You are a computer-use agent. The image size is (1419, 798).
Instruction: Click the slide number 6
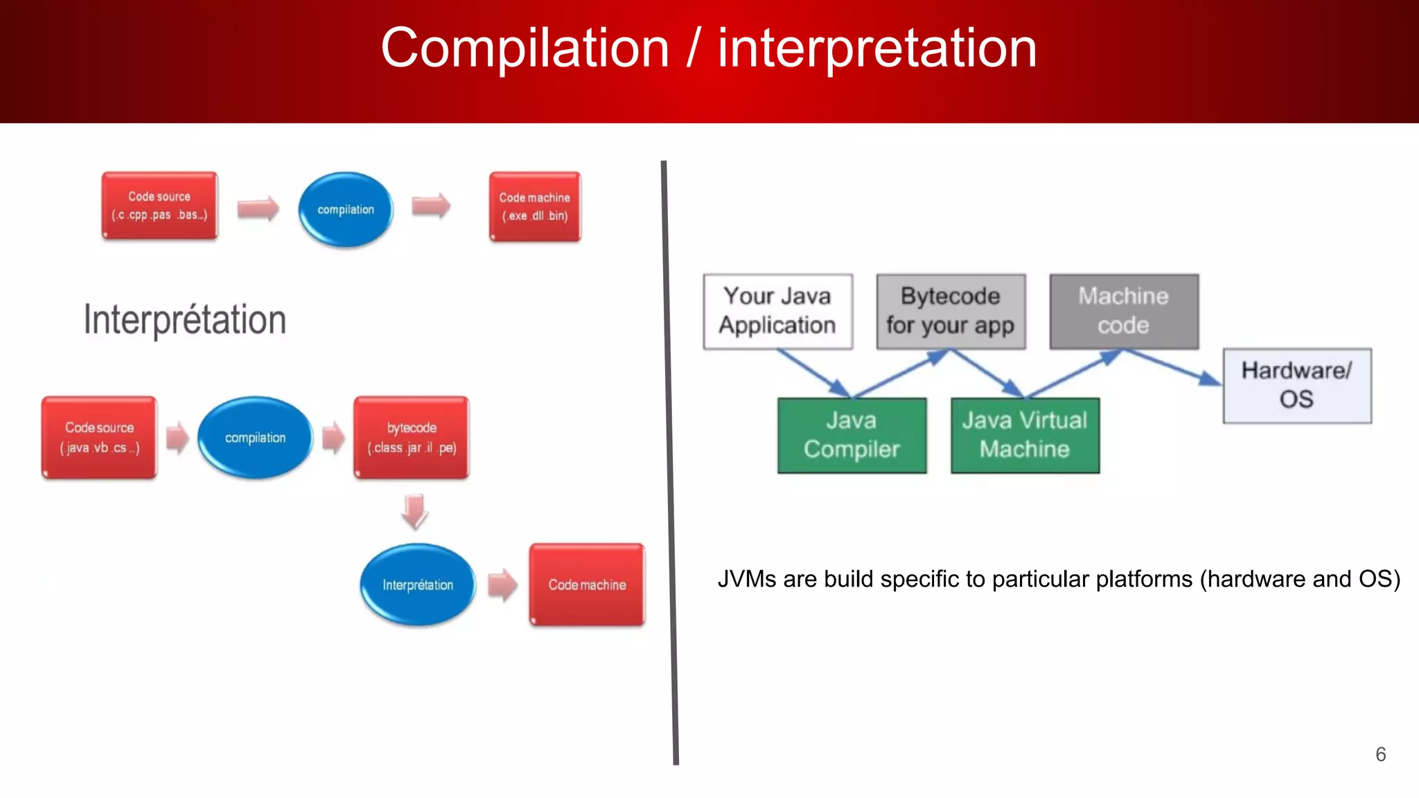[x=1380, y=754]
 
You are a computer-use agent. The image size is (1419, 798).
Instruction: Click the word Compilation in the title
[x=525, y=48]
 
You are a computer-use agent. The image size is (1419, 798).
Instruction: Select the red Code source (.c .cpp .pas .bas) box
[x=159, y=206]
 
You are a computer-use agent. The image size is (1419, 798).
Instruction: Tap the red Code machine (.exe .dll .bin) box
[x=534, y=206]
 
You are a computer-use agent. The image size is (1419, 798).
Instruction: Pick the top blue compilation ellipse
[x=345, y=209]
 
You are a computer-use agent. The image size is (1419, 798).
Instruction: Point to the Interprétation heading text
[x=185, y=320]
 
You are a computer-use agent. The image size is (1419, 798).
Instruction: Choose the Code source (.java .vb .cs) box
[x=100, y=437]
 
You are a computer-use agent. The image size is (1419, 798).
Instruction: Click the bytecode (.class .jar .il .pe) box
[x=412, y=437]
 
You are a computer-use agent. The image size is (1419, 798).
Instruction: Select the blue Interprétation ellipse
[x=418, y=585]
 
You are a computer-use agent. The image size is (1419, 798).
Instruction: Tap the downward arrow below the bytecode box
[x=414, y=511]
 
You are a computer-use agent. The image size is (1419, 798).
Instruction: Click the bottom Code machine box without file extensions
[x=587, y=585]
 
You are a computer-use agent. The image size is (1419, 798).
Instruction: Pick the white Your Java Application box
[x=777, y=311]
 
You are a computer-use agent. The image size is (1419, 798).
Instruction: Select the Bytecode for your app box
[x=951, y=311]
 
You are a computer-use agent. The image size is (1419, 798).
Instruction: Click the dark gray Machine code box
[x=1123, y=311]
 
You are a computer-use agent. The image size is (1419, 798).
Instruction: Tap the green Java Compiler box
[x=852, y=435]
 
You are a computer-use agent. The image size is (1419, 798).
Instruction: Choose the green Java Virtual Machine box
[x=1025, y=435]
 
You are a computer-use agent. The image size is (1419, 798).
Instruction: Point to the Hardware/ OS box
[x=1296, y=385]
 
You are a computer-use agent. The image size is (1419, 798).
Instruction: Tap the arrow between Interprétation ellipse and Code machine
[x=502, y=585]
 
